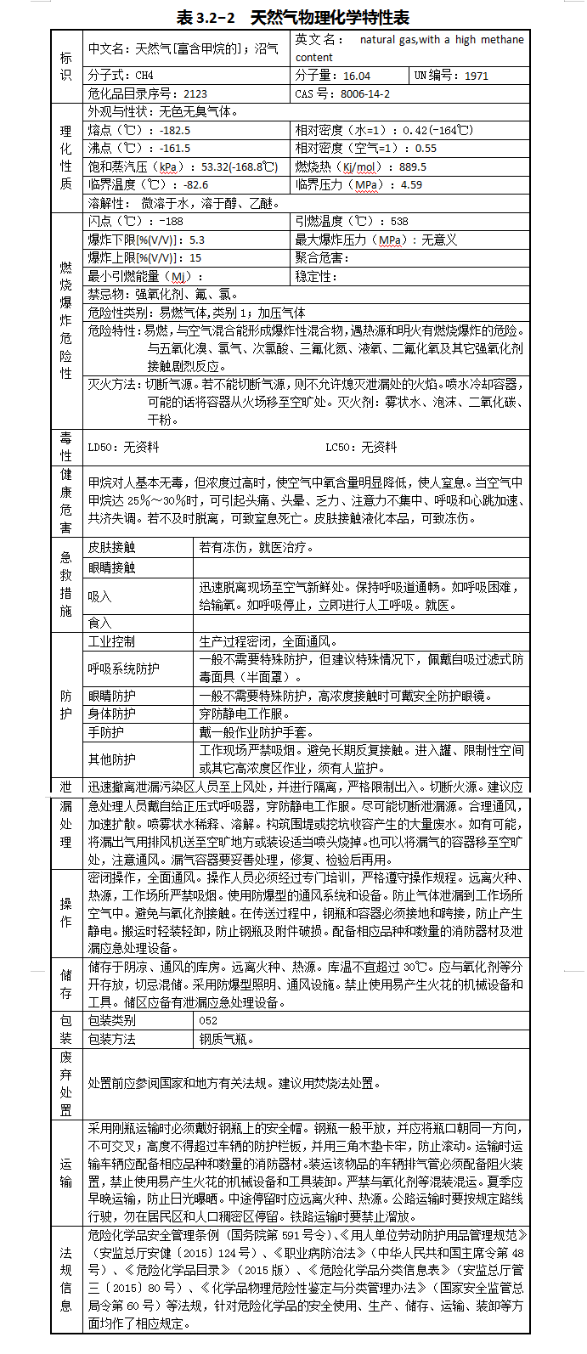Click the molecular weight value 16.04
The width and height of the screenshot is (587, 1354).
357,76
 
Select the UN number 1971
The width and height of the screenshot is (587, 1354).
477,76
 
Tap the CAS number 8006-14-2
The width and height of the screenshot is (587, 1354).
365,93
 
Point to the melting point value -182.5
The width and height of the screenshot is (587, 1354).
175,130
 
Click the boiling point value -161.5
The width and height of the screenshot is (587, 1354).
175,148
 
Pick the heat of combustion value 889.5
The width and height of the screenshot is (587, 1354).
413,166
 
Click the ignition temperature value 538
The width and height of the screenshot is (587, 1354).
399,221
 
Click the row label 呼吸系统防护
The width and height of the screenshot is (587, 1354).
123,669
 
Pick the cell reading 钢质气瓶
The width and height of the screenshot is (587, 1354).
227,1039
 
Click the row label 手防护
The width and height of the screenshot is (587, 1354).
105,732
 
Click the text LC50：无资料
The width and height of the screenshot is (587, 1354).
361,447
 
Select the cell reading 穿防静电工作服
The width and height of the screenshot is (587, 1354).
244,714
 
